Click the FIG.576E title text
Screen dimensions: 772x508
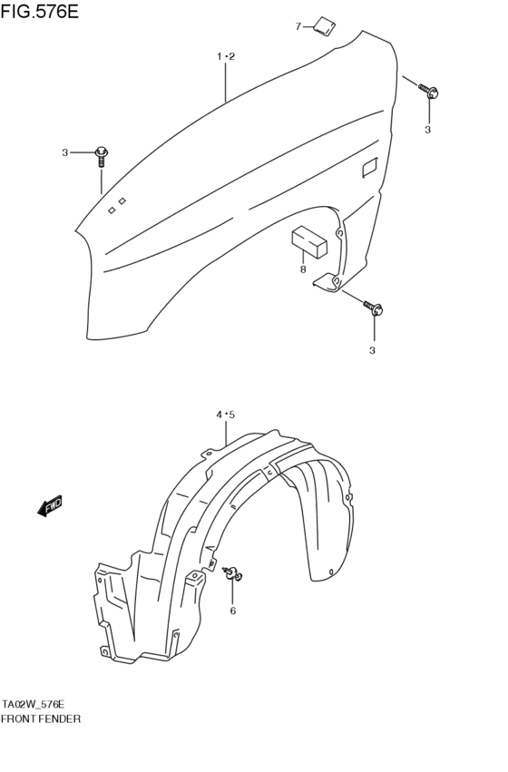pyautogui.click(x=41, y=12)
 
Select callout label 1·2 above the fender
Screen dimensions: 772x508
pyautogui.click(x=226, y=57)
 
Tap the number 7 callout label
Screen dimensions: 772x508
pyautogui.click(x=298, y=26)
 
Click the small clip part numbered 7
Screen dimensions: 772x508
pyautogui.click(x=323, y=27)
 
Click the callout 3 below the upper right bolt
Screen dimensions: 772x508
pyautogui.click(x=428, y=130)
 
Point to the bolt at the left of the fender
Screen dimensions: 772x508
pyautogui.click(x=101, y=155)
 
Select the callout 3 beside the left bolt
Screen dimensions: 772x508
pyautogui.click(x=65, y=152)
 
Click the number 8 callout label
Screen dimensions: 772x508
pyautogui.click(x=303, y=269)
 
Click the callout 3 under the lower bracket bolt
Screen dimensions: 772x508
pyautogui.click(x=372, y=350)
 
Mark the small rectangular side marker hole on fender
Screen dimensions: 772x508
pyautogui.click(x=370, y=167)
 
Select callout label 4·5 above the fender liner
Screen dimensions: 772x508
pyautogui.click(x=225, y=415)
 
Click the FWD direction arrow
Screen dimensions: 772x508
pyautogui.click(x=51, y=506)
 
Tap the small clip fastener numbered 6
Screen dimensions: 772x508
pyautogui.click(x=233, y=572)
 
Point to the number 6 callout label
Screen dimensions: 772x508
pyautogui.click(x=232, y=611)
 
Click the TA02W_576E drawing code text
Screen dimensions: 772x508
pyautogui.click(x=34, y=704)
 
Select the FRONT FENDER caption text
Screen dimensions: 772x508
pyautogui.click(x=42, y=718)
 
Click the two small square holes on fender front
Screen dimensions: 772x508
pyautogui.click(x=117, y=204)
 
